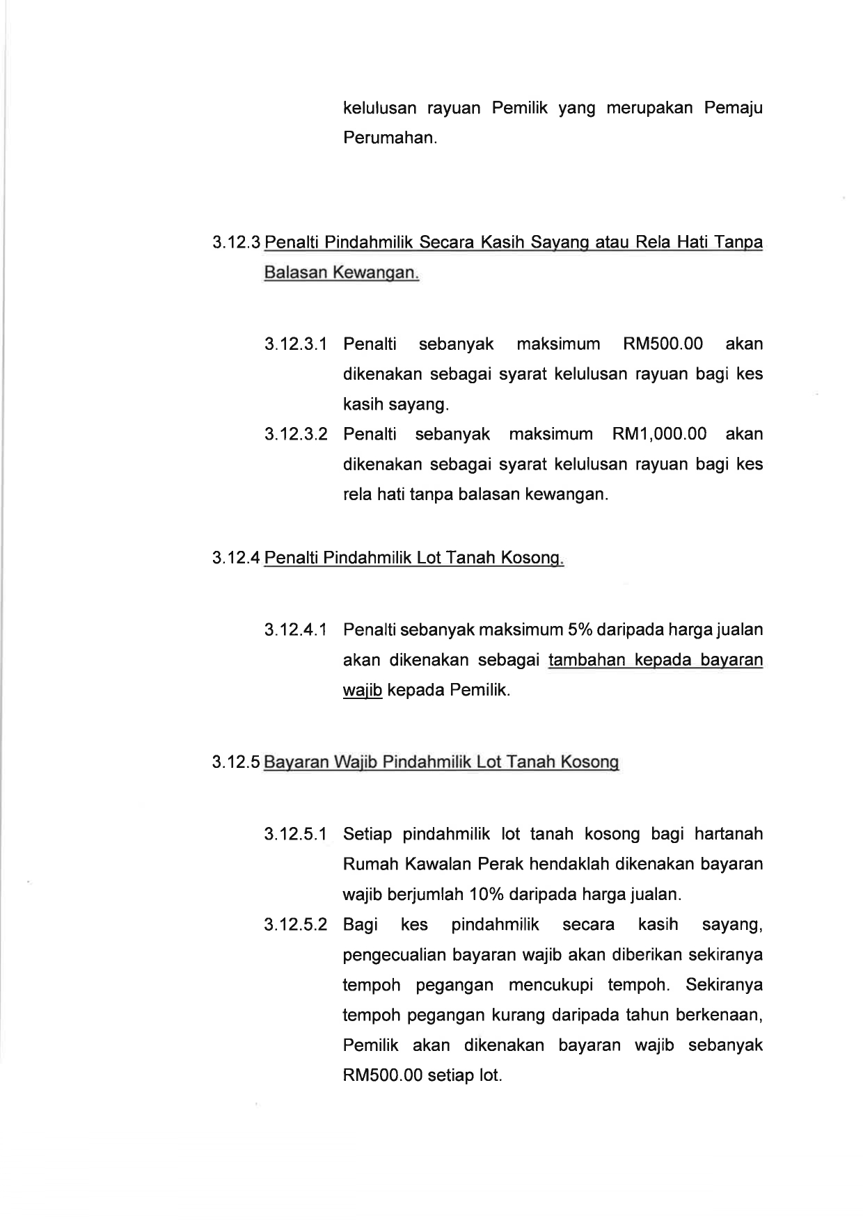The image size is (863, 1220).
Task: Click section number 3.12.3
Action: tap(237, 243)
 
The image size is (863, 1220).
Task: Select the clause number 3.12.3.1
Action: tap(296, 344)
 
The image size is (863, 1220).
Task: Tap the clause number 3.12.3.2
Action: tap(296, 434)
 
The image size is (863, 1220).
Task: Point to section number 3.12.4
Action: tap(237, 558)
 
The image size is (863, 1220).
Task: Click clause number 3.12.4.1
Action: tap(296, 630)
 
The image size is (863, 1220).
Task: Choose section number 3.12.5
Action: tap(237, 762)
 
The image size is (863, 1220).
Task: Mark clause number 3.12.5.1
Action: tap(296, 834)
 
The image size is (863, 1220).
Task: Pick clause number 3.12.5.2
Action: tap(296, 924)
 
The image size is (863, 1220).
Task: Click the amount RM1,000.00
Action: tap(659, 434)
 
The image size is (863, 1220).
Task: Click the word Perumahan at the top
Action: tap(390, 138)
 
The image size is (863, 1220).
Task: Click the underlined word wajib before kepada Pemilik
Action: tap(363, 691)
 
